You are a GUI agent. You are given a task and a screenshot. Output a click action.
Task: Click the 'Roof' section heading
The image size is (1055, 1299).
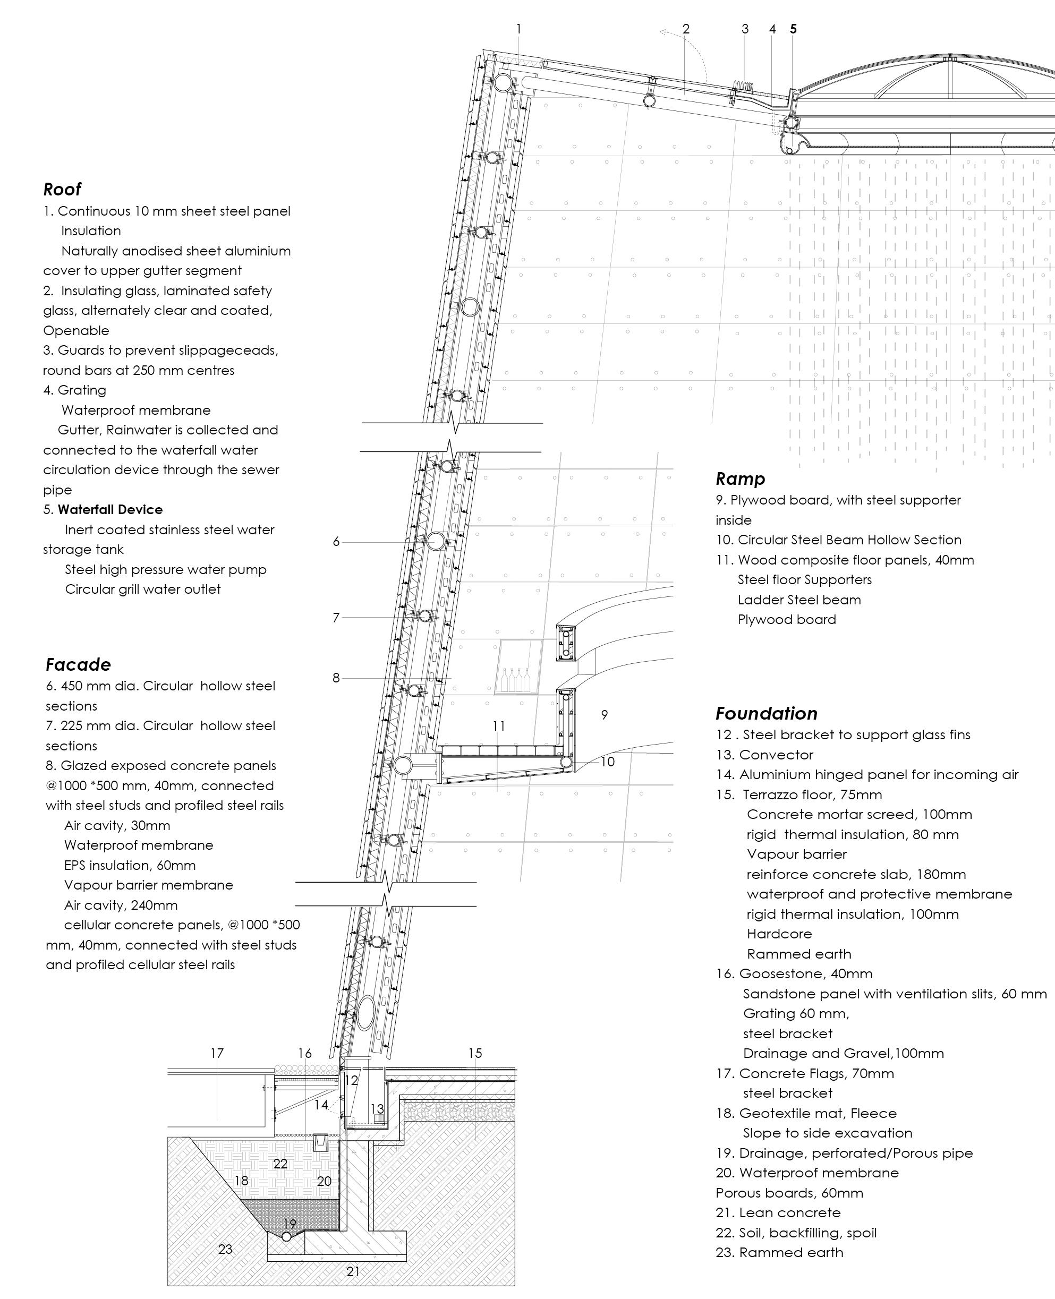click(62, 189)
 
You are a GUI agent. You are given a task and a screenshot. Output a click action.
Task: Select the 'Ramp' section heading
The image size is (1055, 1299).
click(739, 479)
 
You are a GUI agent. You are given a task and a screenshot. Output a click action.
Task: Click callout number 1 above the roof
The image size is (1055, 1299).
click(518, 29)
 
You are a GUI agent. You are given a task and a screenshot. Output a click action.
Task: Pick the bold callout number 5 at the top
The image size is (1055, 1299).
click(793, 29)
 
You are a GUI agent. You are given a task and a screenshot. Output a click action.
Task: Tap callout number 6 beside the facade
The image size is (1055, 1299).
click(336, 541)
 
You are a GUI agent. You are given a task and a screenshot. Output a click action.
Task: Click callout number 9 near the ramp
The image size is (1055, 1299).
click(604, 714)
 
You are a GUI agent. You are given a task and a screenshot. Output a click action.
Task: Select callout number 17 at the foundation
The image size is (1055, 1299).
click(217, 1053)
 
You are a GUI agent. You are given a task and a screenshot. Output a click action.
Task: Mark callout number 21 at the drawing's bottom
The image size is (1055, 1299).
click(353, 1271)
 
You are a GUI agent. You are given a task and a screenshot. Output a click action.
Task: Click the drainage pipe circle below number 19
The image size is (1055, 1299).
click(286, 1236)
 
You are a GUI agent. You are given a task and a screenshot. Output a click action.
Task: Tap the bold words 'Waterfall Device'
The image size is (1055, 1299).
click(110, 509)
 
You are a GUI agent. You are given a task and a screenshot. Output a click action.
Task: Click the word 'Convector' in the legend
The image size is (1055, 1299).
click(776, 755)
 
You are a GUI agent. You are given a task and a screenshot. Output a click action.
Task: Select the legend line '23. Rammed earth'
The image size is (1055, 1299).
click(779, 1252)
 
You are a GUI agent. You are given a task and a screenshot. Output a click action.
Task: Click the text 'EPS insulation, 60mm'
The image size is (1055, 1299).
click(130, 865)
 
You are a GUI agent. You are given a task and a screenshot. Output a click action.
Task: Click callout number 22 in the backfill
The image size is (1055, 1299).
click(280, 1164)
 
